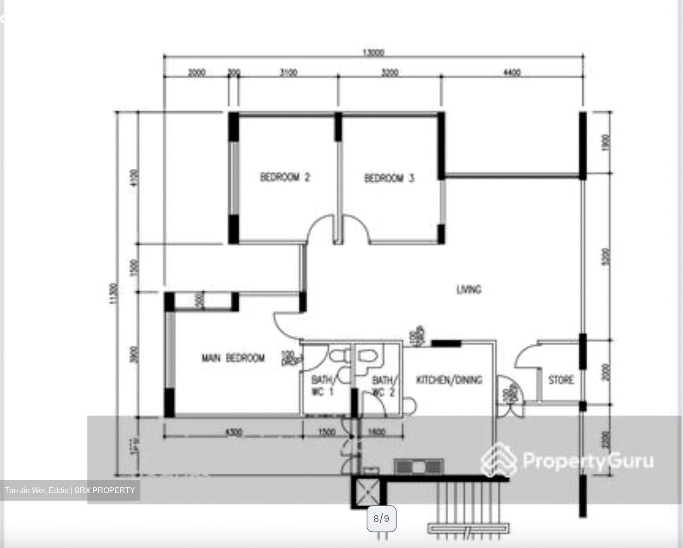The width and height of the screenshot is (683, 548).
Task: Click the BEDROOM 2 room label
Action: (x=285, y=177)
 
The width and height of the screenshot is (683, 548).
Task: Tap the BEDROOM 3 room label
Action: (x=389, y=178)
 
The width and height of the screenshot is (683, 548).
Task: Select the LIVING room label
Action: (x=469, y=289)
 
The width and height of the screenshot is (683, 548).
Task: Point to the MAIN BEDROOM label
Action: (x=233, y=358)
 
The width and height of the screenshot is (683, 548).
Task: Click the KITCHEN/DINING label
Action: (x=449, y=380)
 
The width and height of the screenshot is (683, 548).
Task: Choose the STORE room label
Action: (x=561, y=380)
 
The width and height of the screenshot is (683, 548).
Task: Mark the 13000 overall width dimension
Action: (x=373, y=52)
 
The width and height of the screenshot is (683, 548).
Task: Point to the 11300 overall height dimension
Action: (x=112, y=294)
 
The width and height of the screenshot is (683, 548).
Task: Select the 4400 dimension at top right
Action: (x=511, y=72)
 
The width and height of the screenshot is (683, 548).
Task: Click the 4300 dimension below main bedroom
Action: (x=233, y=432)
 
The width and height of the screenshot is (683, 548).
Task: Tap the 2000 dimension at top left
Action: (x=196, y=72)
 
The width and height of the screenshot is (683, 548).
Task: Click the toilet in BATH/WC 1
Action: (x=339, y=356)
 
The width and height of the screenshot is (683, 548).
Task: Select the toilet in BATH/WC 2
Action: (x=367, y=355)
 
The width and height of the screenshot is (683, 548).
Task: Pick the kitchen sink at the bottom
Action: (x=419, y=467)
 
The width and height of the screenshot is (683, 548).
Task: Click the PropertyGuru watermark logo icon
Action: (x=498, y=459)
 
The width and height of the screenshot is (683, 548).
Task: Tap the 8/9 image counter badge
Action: (x=381, y=519)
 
